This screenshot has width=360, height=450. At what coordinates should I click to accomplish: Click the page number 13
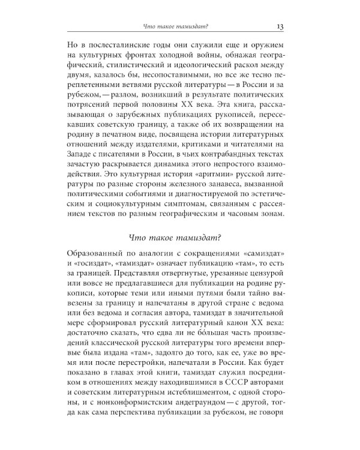(280, 26)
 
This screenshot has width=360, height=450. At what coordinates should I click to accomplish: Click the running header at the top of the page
(178, 26)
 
